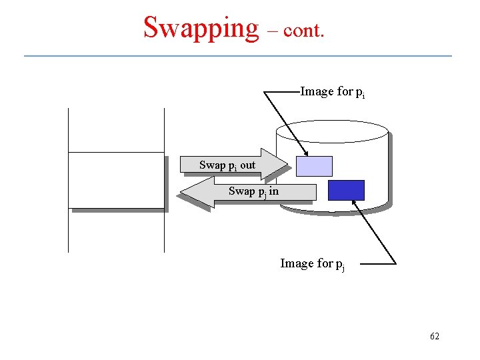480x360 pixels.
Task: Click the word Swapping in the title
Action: (x=201, y=28)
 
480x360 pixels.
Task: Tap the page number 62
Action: (x=434, y=337)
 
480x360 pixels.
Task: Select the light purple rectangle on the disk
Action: (x=314, y=166)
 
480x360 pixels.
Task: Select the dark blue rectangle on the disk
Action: (x=346, y=190)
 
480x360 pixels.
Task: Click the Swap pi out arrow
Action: (x=233, y=165)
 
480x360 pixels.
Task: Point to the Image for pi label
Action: (x=332, y=92)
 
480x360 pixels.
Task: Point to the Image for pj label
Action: (x=312, y=264)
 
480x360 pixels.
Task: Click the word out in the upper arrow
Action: (x=247, y=165)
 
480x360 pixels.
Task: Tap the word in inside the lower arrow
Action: (x=273, y=191)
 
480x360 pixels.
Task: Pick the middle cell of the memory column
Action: (x=116, y=180)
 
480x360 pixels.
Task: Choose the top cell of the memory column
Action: (x=116, y=130)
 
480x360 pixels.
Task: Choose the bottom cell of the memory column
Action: (x=116, y=230)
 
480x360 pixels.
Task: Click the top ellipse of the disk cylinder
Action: (x=332, y=131)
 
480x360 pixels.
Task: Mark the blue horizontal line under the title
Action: (x=238, y=55)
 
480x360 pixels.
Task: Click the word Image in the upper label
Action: (x=317, y=91)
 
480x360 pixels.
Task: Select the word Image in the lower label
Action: (x=297, y=263)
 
